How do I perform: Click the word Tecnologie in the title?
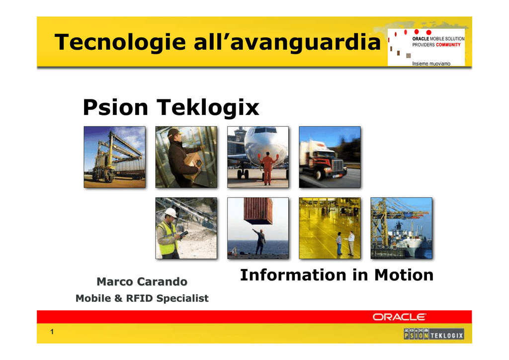[120, 43]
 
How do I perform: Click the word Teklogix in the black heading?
[208, 108]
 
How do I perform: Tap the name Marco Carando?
[142, 281]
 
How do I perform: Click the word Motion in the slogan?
[404, 275]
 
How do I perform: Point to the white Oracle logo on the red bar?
[399, 317]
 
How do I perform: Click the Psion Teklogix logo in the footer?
[433, 334]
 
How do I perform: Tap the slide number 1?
[52, 332]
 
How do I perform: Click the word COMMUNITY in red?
[448, 45]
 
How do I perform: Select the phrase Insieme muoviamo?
[431, 64]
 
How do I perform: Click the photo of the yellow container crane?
[115, 157]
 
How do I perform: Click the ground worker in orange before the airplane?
[267, 168]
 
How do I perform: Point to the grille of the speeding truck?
[338, 167]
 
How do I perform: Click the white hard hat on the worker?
[171, 213]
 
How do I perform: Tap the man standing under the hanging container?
[259, 242]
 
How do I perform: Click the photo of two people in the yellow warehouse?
[330, 228]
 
